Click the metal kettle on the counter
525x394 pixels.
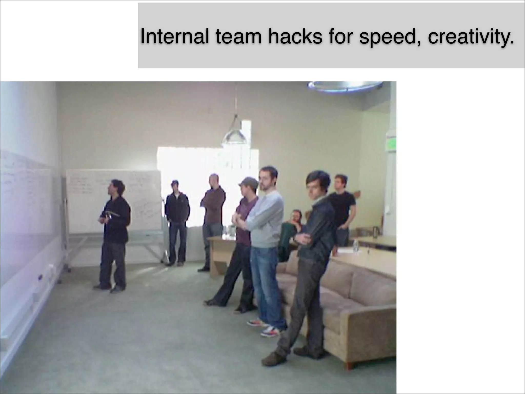375,231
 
